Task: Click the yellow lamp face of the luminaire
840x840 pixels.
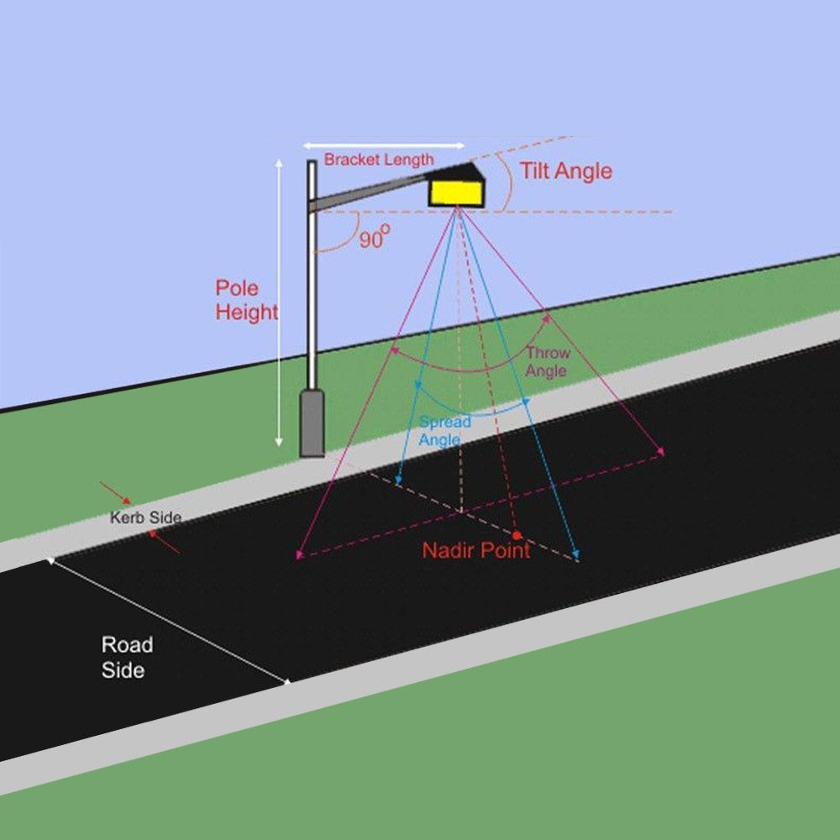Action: [x=456, y=193]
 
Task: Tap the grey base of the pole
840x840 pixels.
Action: [x=312, y=423]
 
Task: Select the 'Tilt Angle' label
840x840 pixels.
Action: [x=565, y=171]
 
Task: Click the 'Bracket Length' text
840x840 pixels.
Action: [x=379, y=160]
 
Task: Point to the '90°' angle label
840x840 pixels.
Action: [x=375, y=237]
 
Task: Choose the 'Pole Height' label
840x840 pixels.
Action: [x=246, y=300]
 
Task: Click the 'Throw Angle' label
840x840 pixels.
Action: [x=548, y=362]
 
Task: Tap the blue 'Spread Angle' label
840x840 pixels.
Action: [x=444, y=431]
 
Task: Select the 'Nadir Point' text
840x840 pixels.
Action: [x=476, y=550]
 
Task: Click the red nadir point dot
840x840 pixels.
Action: [x=517, y=535]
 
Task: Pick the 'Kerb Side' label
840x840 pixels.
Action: [x=145, y=517]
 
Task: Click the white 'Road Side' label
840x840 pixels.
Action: [x=127, y=658]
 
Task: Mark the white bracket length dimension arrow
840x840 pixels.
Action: [x=384, y=145]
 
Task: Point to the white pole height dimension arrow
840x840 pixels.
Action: [x=279, y=302]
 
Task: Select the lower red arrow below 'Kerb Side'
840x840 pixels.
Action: [x=164, y=542]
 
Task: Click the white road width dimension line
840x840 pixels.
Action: [x=170, y=622]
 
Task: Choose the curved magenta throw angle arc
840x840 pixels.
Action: [x=482, y=370]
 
